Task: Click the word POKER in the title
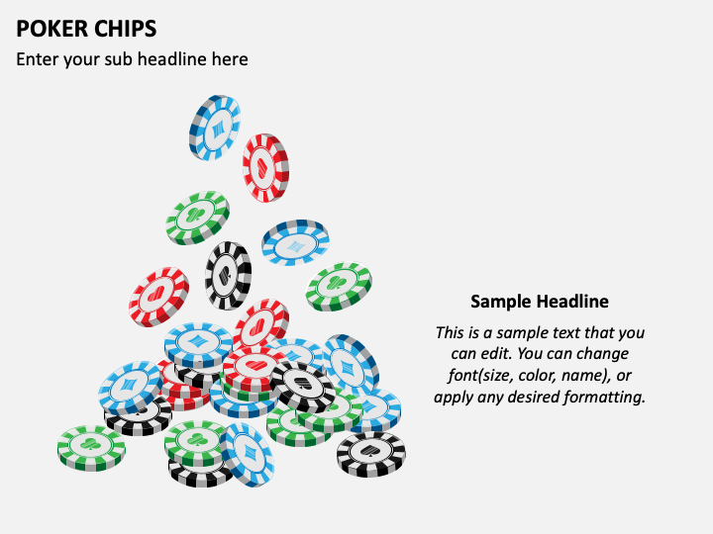(46, 29)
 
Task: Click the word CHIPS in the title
(119, 29)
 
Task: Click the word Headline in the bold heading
(572, 301)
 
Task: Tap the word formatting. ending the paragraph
(604, 398)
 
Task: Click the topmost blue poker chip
(215, 128)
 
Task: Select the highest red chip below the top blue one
(265, 167)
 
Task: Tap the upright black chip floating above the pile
(228, 276)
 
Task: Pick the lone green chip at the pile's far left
(91, 448)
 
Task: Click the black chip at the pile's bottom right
(371, 454)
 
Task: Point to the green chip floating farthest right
(339, 286)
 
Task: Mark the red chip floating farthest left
(158, 297)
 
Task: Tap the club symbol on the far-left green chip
(90, 444)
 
